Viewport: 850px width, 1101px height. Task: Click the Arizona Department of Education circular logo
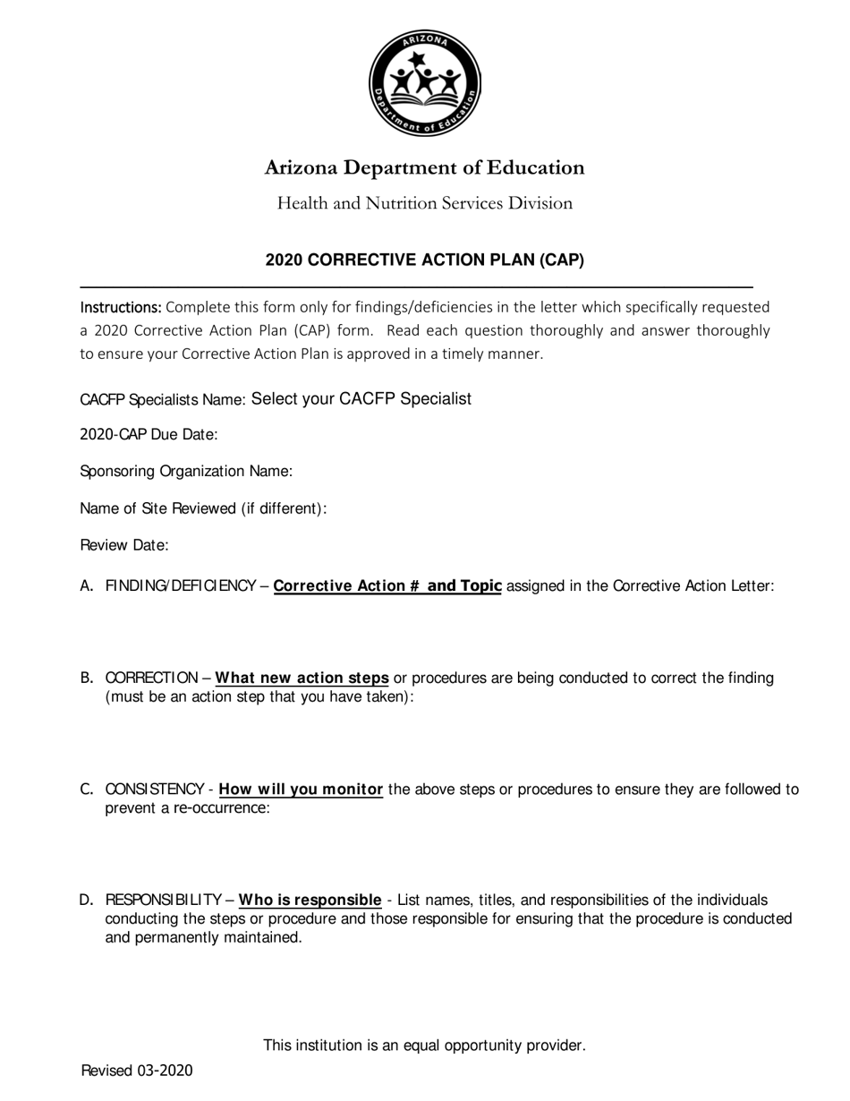pyautogui.click(x=425, y=83)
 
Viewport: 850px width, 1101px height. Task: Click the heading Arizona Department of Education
pyautogui.click(x=424, y=168)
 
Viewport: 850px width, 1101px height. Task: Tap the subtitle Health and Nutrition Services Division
pyautogui.click(x=424, y=203)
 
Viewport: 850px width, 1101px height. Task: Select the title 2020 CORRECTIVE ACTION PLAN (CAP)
pyautogui.click(x=424, y=260)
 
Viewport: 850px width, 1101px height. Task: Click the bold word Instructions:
pyautogui.click(x=121, y=307)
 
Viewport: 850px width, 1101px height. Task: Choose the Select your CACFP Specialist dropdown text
pyautogui.click(x=361, y=399)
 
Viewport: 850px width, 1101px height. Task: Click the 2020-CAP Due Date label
pyautogui.click(x=149, y=435)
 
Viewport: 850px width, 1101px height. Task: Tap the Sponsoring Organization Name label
pyautogui.click(x=186, y=472)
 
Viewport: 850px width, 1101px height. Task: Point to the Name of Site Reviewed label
pyautogui.click(x=203, y=508)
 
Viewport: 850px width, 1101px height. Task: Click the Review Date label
pyautogui.click(x=124, y=545)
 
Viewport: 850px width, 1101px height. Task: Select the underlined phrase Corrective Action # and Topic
pyautogui.click(x=387, y=586)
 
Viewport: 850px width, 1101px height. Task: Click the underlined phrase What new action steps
pyautogui.click(x=302, y=678)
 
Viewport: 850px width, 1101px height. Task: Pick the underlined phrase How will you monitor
pyautogui.click(x=301, y=789)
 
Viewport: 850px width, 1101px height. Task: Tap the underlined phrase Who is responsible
pyautogui.click(x=310, y=900)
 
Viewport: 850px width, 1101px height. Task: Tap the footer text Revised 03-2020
pyautogui.click(x=136, y=1071)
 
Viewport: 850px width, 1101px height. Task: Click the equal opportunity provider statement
pyautogui.click(x=424, y=1046)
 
